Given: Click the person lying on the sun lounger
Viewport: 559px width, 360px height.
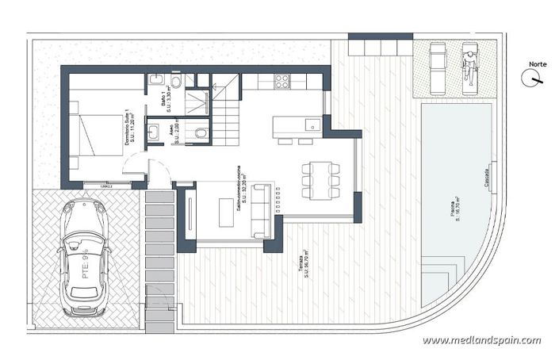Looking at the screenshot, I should coord(470,65).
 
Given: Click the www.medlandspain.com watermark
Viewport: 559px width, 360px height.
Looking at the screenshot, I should coord(481,339).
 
